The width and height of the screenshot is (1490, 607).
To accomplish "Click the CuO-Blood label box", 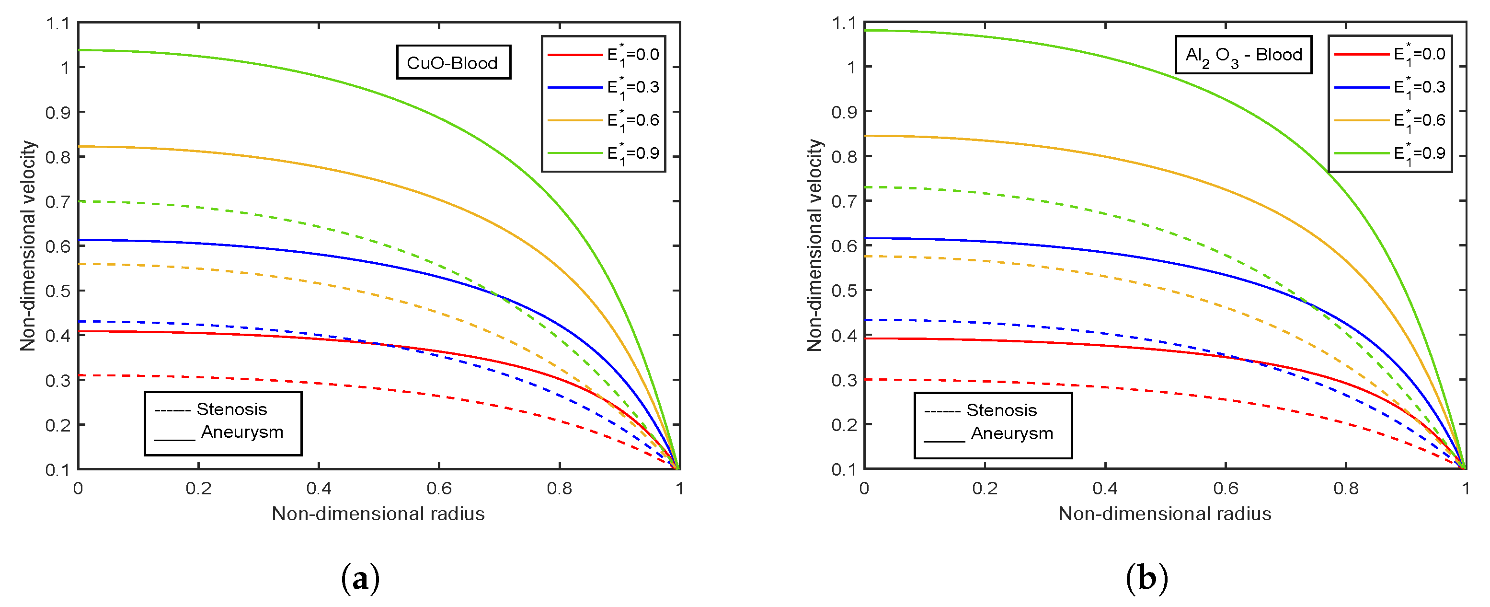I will tap(453, 62).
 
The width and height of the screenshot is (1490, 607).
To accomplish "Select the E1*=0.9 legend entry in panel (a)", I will tap(604, 153).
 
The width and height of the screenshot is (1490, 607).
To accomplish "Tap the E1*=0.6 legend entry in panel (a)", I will tap(604, 120).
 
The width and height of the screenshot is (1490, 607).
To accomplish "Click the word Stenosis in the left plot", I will tap(231, 409).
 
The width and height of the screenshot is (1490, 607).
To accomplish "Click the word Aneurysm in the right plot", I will tap(1012, 433).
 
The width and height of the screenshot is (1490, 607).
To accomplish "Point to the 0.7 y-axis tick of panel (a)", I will tap(57, 201).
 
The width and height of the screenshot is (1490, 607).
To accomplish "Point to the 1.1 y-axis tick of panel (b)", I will tap(843, 23).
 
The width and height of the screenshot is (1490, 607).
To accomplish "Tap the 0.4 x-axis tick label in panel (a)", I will tap(319, 489).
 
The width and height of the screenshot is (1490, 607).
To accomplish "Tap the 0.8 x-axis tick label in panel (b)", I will tap(1345, 489).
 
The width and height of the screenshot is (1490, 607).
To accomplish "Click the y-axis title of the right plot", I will tap(814, 245).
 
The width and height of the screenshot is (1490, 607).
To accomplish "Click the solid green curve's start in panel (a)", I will tap(79, 50).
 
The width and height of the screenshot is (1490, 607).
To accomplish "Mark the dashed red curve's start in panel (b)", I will tap(865, 380).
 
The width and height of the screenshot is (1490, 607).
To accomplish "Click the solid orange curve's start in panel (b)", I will tap(865, 136).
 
